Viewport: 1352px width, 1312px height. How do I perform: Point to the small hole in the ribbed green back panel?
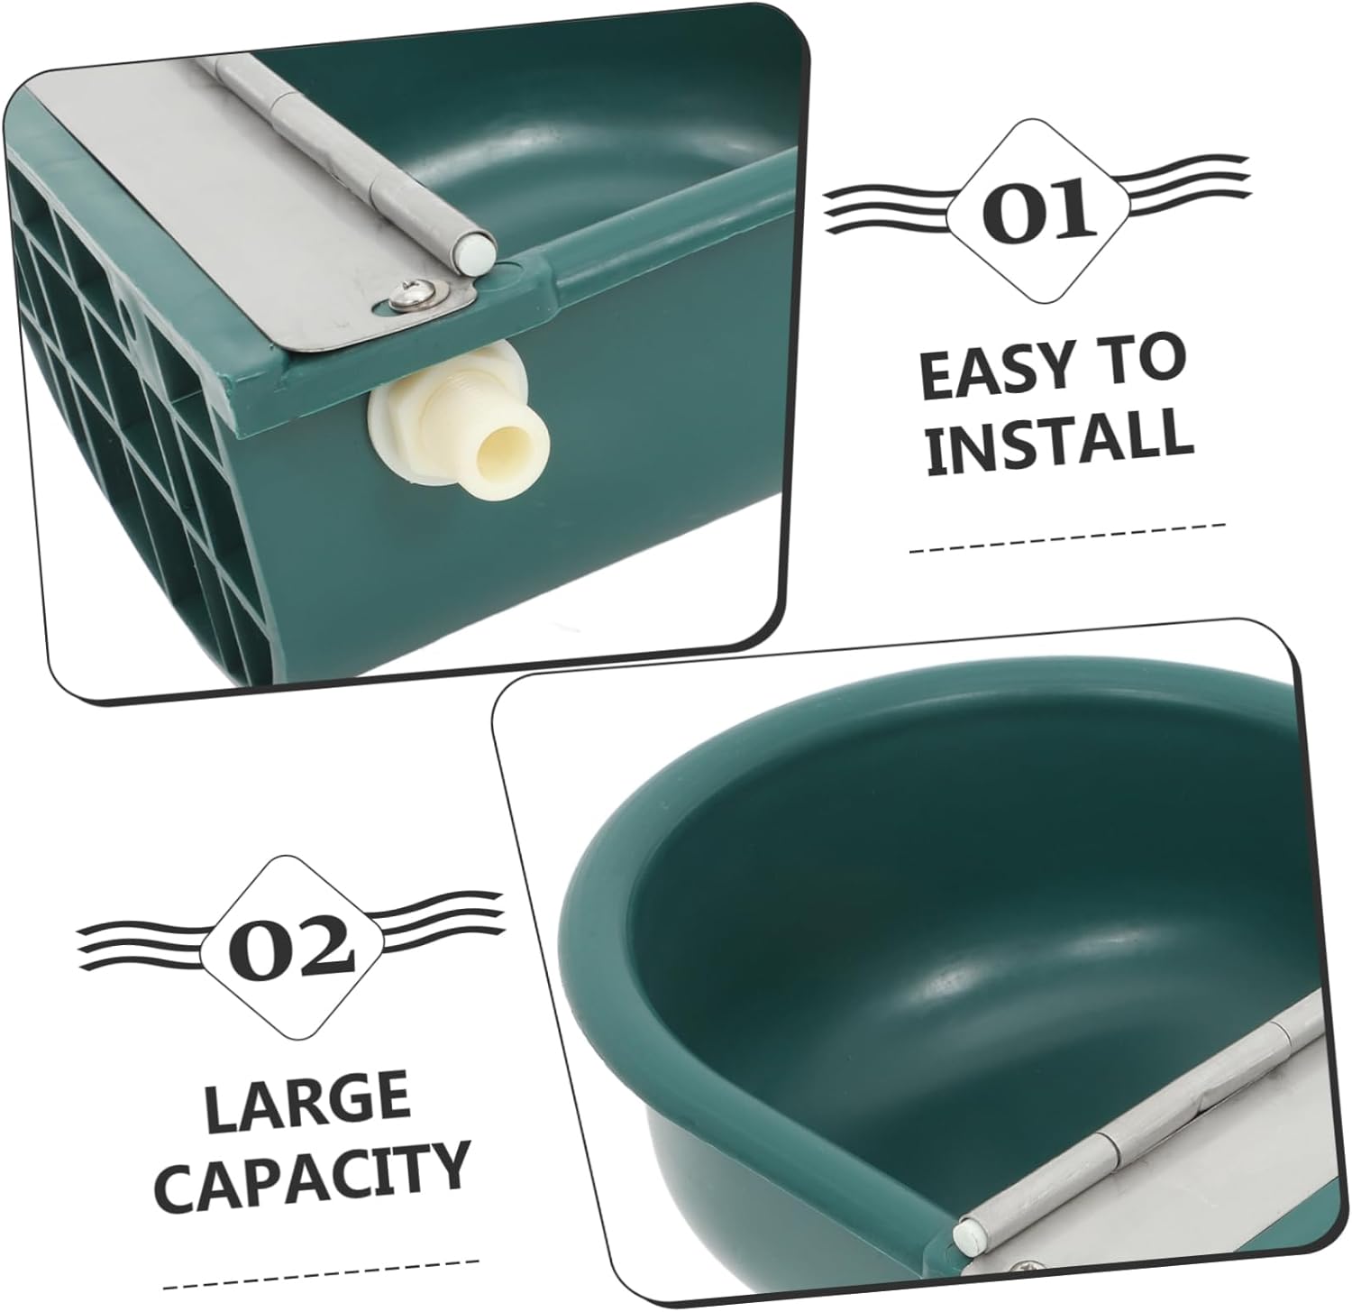127,320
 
